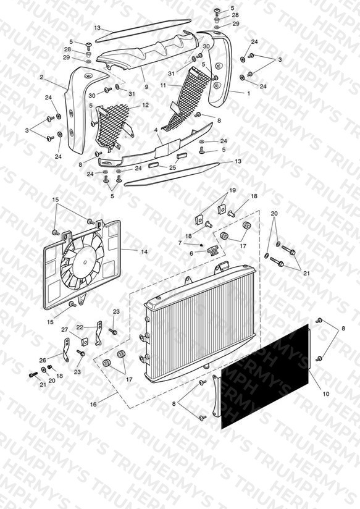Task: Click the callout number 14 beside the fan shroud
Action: tap(144, 251)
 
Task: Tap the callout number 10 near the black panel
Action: tap(326, 393)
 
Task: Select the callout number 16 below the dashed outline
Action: tap(93, 405)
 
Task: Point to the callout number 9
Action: tap(146, 87)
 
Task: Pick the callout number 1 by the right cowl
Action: tap(249, 93)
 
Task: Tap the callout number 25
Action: tap(173, 168)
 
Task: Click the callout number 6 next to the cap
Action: tap(191, 253)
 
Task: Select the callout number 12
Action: tap(145, 105)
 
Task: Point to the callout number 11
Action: tap(163, 85)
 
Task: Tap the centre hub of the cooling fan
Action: tap(85, 263)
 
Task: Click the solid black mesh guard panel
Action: tap(264, 377)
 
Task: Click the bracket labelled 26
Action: tap(66, 350)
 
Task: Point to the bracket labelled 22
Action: tap(98, 333)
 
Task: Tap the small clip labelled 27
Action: tap(85, 342)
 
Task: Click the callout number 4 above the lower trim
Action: tap(156, 130)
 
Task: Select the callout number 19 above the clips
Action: tap(232, 190)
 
